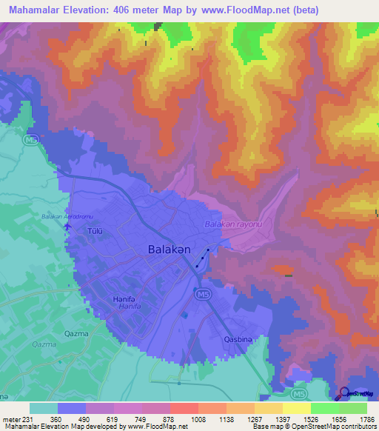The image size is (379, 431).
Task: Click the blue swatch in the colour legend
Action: pos(72,408)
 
